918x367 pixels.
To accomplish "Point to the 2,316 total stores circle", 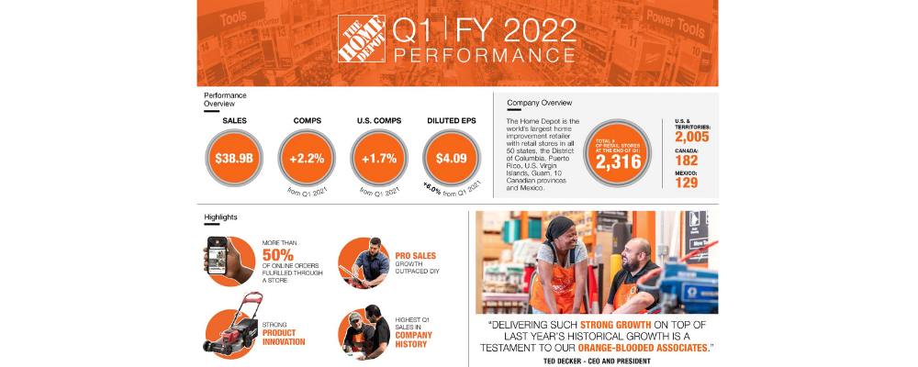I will (x=623, y=154).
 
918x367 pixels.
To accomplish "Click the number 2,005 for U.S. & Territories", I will (x=691, y=138).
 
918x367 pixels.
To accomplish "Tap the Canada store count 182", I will (x=687, y=161).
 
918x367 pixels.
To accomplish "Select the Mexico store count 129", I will (x=687, y=183).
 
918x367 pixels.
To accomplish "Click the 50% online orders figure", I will (x=278, y=254).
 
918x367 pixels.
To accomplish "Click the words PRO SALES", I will (x=416, y=255).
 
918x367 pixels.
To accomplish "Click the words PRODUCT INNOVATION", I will (x=284, y=336).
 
